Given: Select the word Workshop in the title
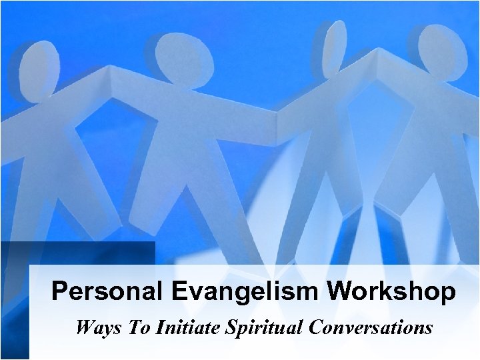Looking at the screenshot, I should point(393,292).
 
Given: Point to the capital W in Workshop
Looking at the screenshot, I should point(344,292).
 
